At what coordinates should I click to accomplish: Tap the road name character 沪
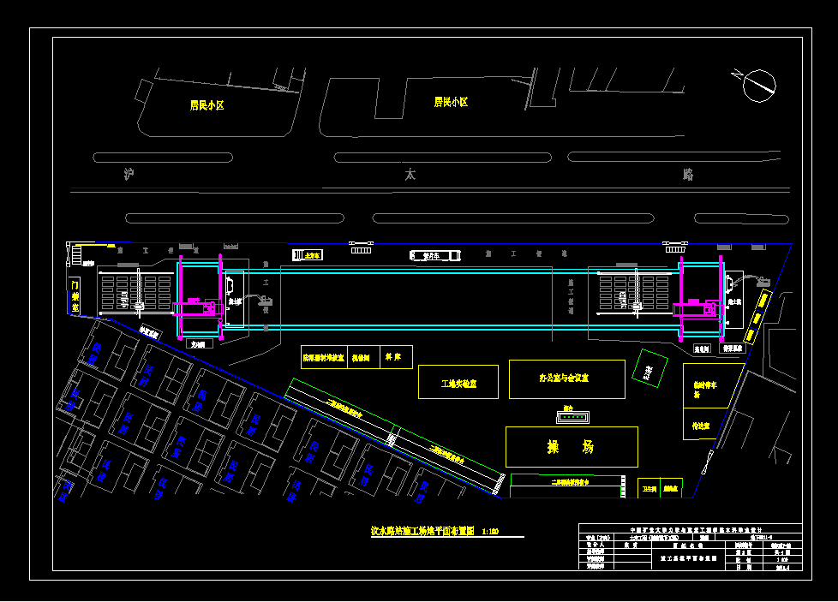tap(129, 175)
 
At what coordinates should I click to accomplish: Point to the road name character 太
tap(410, 175)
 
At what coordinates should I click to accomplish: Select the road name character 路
tap(687, 175)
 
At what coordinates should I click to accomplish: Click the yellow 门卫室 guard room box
tap(75, 295)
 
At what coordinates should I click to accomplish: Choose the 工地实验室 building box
tap(458, 383)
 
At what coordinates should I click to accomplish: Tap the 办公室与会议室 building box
tap(568, 378)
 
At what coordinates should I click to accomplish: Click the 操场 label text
tap(571, 446)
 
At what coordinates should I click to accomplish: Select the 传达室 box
tap(702, 425)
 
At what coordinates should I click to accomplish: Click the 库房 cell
tap(396, 357)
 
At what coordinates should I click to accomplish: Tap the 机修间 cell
tap(362, 357)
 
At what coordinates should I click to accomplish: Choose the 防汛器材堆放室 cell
tap(323, 357)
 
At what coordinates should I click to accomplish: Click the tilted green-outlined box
tap(649, 368)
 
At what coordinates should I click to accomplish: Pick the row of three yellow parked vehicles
tap(757, 315)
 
